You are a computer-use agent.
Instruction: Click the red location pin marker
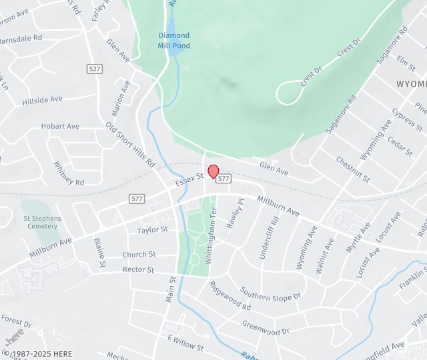(x=213, y=171)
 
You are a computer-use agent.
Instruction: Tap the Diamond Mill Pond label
(x=173, y=40)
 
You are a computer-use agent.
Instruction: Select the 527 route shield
(x=94, y=69)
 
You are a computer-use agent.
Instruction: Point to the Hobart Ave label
(x=60, y=126)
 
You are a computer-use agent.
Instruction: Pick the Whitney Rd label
(x=68, y=173)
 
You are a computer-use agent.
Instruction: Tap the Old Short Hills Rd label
(x=130, y=144)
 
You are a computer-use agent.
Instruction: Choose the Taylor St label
(x=152, y=230)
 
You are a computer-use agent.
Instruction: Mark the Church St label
(x=139, y=255)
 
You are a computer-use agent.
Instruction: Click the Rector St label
(x=138, y=270)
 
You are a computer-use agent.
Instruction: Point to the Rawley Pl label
(x=232, y=214)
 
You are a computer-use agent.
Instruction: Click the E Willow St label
(x=185, y=343)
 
